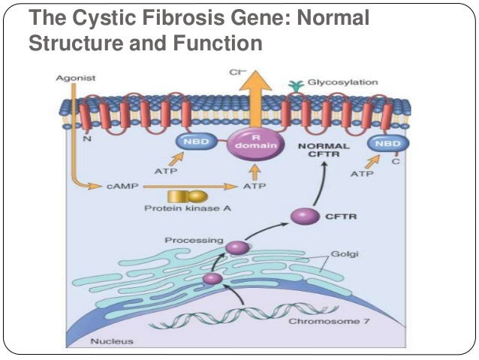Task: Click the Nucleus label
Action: coord(112,341)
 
